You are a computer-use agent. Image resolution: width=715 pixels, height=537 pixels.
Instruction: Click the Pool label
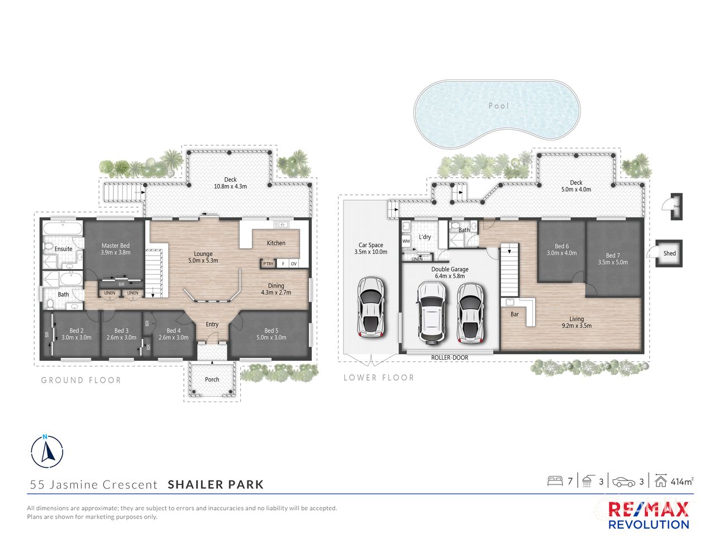click(x=498, y=106)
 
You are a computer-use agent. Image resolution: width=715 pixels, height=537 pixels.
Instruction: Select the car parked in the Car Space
click(x=369, y=307)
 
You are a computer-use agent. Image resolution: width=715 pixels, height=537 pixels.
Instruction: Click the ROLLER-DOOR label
click(x=449, y=357)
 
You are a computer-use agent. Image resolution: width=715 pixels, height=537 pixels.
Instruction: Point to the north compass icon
click(x=47, y=450)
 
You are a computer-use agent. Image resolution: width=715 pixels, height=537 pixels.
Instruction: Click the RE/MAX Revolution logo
click(x=648, y=515)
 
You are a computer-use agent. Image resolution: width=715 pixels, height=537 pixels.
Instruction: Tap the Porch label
click(x=212, y=379)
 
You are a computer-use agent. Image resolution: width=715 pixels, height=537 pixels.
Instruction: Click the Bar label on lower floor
click(x=514, y=314)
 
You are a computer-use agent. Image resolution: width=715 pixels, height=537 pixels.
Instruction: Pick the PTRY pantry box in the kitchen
click(x=269, y=263)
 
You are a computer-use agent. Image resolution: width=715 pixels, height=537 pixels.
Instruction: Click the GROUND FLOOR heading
click(x=81, y=380)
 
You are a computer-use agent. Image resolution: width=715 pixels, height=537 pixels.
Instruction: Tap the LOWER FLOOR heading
click(x=379, y=378)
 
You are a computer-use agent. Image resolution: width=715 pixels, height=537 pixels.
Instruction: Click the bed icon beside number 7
click(x=555, y=481)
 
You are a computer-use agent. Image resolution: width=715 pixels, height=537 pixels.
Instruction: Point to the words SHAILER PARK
click(x=216, y=484)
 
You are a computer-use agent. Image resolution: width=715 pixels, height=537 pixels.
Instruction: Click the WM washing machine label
click(x=406, y=241)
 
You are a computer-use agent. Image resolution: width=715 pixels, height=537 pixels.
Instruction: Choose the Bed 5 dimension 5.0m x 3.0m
click(x=271, y=337)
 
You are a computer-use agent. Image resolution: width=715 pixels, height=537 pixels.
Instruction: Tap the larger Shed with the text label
click(x=669, y=253)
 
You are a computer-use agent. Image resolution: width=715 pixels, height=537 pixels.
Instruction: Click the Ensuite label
click(x=63, y=249)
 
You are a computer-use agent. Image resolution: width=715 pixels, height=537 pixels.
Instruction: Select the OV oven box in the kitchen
click(x=293, y=263)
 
